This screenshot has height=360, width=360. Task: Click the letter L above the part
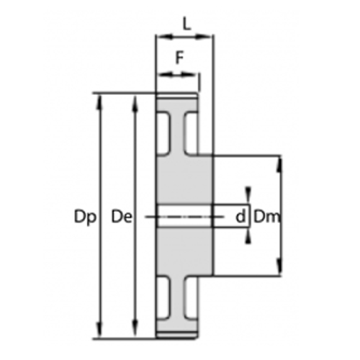coord(186,23)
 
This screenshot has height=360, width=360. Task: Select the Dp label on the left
coord(84,215)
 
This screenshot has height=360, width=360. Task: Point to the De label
coord(121,215)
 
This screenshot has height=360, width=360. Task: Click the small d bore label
coord(240,215)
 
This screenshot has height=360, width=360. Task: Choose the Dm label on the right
coord(267,215)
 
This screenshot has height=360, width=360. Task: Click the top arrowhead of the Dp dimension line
coord(100,98)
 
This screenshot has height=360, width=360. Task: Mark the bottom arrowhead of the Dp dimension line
coord(100,332)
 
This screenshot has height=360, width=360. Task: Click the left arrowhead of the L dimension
coord(161,35)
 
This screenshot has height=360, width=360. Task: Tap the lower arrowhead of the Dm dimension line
coord(279,271)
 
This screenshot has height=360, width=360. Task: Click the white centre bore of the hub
coord(184,215)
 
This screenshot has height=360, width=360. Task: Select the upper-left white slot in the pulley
coord(165,133)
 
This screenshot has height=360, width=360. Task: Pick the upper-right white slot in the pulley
coord(191,133)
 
